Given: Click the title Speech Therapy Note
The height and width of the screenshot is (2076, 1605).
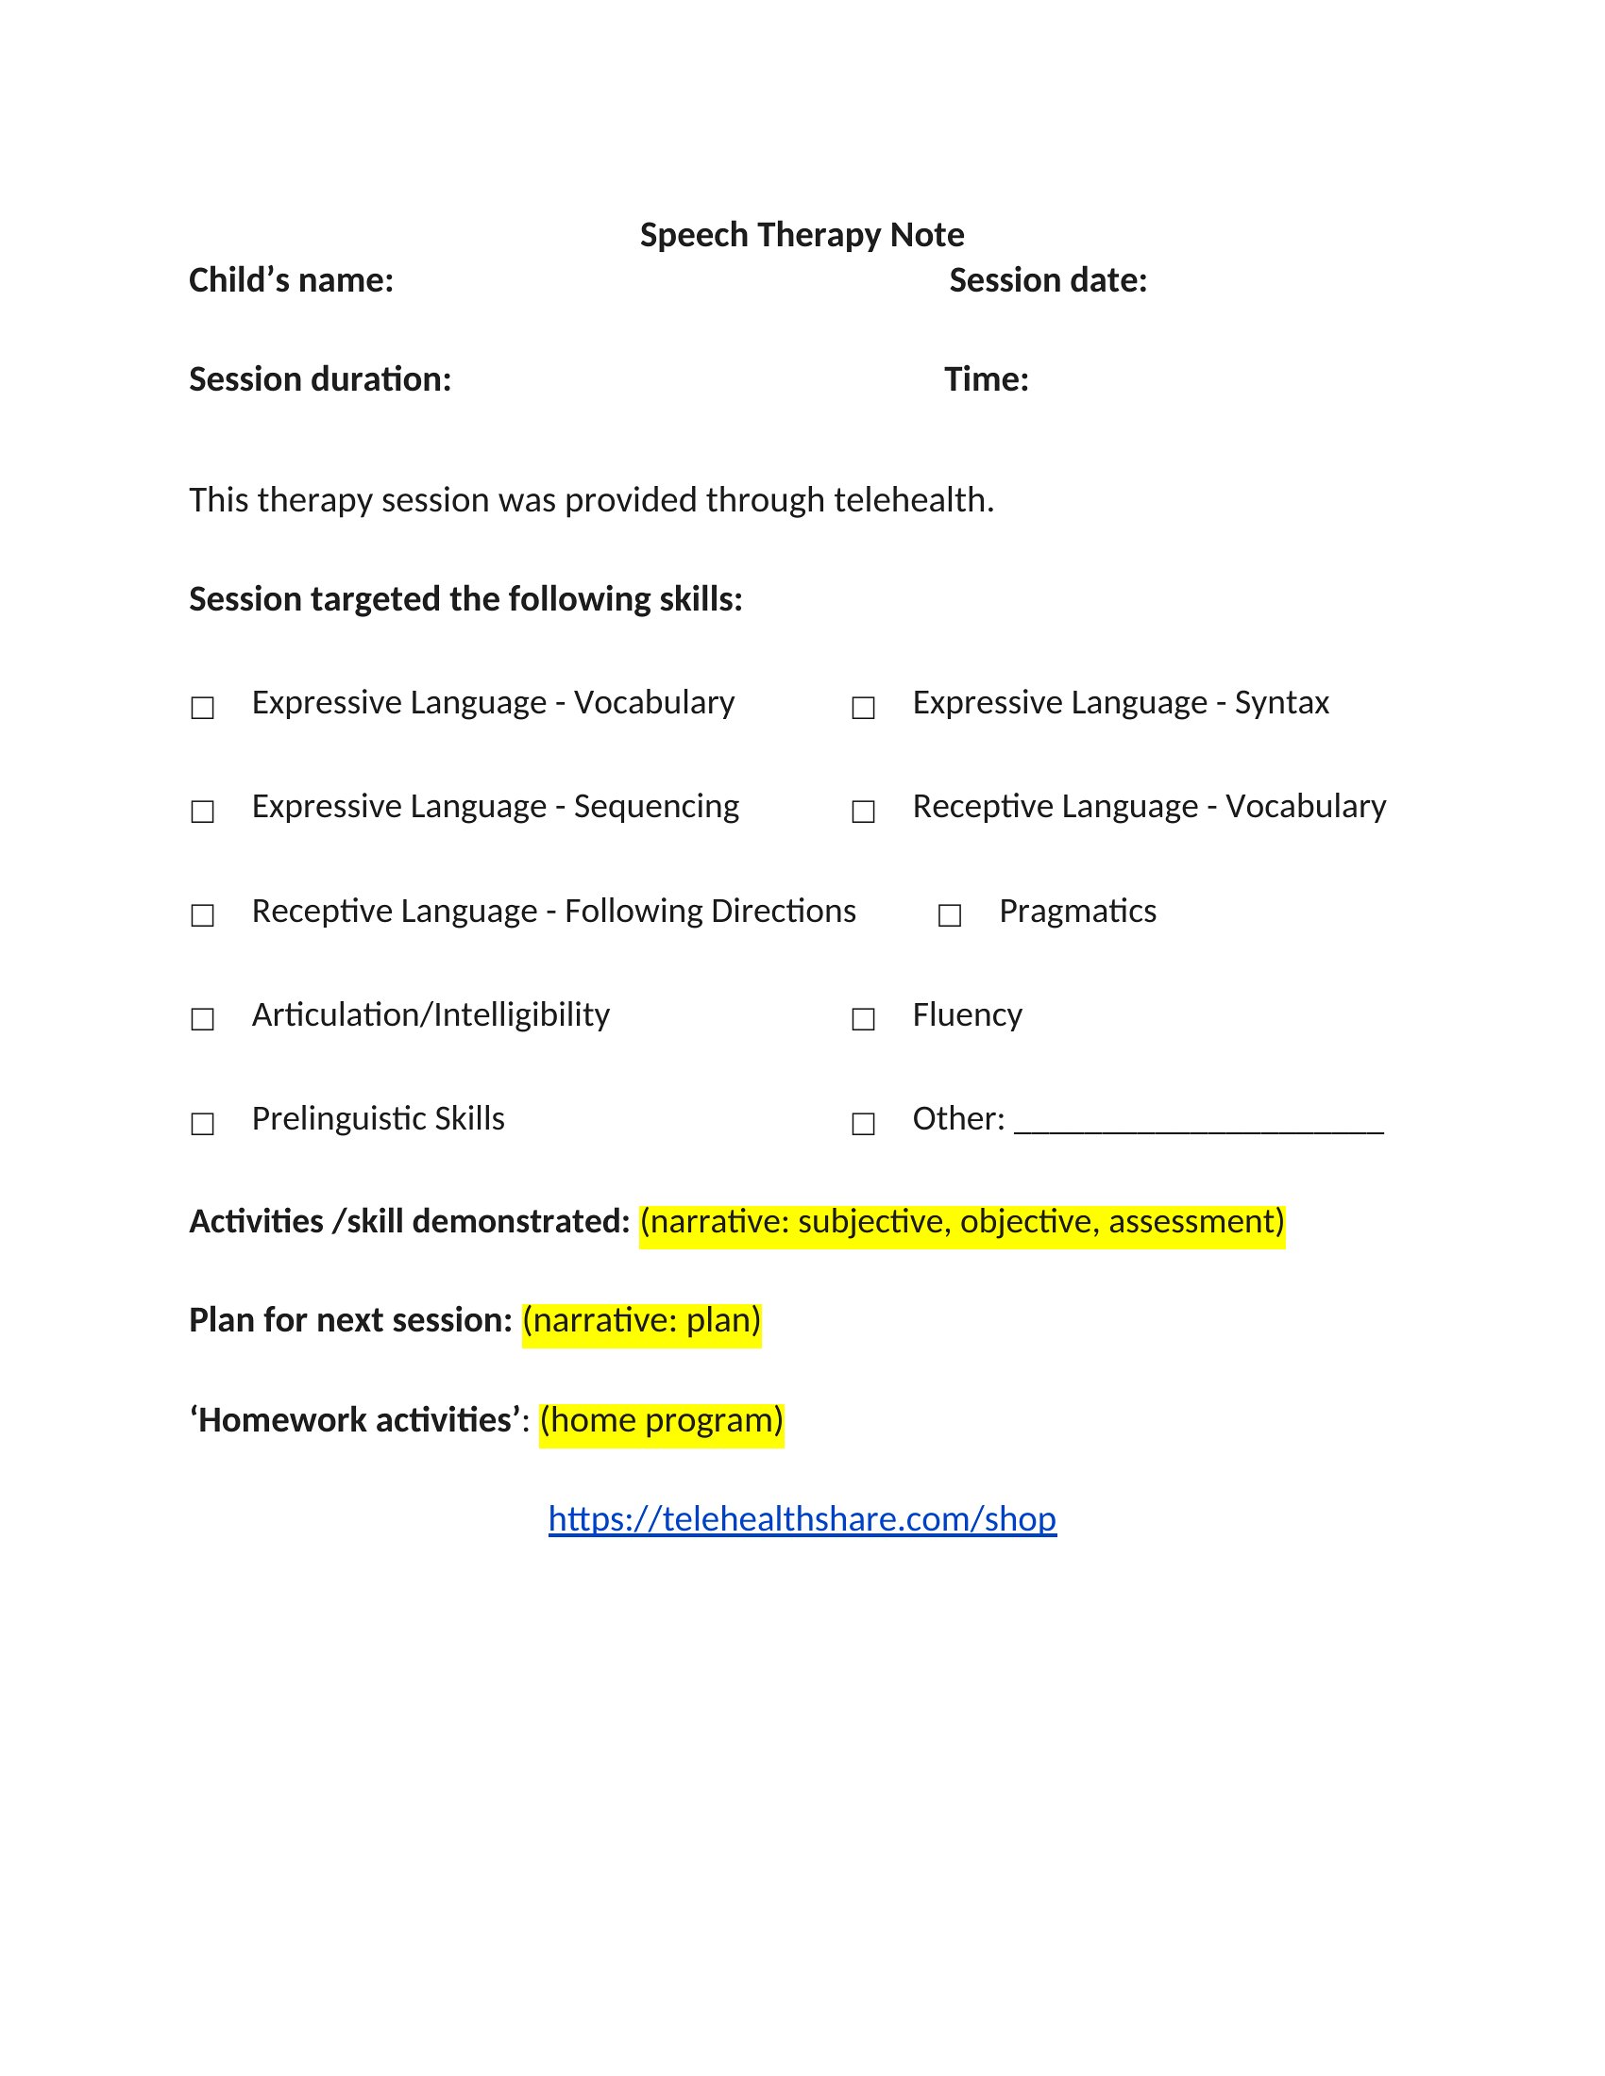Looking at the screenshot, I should [x=802, y=235].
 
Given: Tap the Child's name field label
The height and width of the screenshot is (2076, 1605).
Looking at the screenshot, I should [x=291, y=280].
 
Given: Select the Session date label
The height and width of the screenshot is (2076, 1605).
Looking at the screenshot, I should [x=1048, y=280].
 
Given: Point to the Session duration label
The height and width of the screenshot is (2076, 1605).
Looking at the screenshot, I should [x=319, y=379].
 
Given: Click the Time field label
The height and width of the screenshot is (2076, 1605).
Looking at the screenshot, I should [x=986, y=379].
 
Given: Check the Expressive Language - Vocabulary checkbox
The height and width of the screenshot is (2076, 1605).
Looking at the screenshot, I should [x=203, y=707].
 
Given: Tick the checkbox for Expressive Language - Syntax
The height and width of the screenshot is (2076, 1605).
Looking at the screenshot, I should [x=863, y=707].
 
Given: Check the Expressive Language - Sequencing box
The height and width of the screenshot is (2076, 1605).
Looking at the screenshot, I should [x=203, y=811].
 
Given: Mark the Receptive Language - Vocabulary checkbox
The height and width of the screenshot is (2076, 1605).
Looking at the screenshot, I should [x=863, y=811].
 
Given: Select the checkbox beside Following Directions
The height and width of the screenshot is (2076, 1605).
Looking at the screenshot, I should [x=203, y=914].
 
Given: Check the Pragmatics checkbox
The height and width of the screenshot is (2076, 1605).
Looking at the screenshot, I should [x=950, y=914].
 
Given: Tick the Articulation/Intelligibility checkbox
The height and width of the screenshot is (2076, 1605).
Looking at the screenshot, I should [x=203, y=1019].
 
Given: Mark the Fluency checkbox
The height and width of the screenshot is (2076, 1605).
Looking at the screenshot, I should [x=863, y=1019].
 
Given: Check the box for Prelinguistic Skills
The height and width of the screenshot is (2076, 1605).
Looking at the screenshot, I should [x=203, y=1124].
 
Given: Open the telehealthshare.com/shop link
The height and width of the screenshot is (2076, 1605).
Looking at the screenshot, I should [x=802, y=1519].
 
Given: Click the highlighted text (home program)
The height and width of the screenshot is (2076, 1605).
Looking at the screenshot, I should [x=661, y=1420].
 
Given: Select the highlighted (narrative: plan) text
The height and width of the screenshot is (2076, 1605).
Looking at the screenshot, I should [x=642, y=1320].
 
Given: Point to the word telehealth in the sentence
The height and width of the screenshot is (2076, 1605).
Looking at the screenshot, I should [x=912, y=500].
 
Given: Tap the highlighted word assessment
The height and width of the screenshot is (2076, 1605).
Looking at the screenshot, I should [x=1196, y=1221].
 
